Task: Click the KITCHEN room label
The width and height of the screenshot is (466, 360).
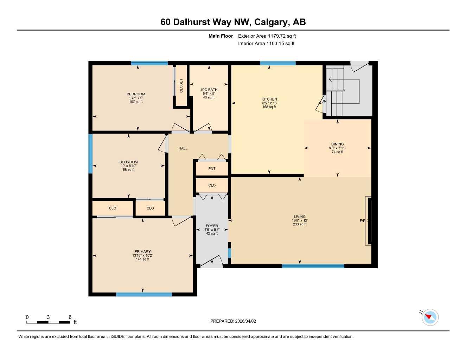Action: point(269,99)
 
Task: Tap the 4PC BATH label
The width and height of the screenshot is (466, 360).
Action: point(209,90)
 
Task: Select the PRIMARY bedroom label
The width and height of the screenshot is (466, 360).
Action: point(142,251)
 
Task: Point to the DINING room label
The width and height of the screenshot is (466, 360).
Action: point(337,144)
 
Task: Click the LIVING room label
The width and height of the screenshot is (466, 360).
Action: point(300,217)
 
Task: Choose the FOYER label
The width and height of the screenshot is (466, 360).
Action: point(212,226)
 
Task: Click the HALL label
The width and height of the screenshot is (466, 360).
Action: point(183,148)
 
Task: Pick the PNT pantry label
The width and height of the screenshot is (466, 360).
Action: point(212,168)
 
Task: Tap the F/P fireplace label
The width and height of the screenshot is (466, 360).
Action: point(363,221)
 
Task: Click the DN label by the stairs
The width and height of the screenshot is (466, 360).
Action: point(324,101)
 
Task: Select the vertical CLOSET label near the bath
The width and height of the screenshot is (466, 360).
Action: point(181,86)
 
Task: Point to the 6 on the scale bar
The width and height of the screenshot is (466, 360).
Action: point(70,317)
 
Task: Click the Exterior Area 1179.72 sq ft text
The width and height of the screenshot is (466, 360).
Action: point(267,36)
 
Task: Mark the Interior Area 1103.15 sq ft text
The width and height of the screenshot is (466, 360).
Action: point(266,44)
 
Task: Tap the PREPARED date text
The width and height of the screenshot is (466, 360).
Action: point(233,321)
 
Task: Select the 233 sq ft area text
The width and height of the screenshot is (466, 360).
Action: point(300,224)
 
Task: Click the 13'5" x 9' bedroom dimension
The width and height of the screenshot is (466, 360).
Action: point(136,98)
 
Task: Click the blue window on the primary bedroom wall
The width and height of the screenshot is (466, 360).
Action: point(144,294)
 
